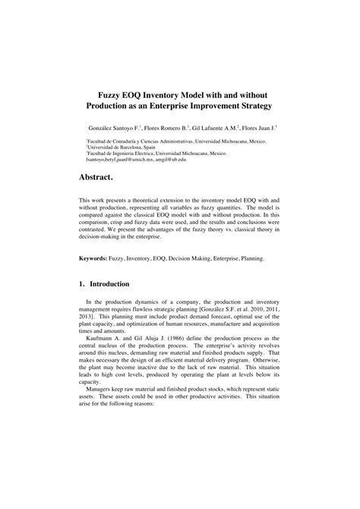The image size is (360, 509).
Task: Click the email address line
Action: (136, 160)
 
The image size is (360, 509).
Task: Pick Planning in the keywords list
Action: (251, 258)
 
